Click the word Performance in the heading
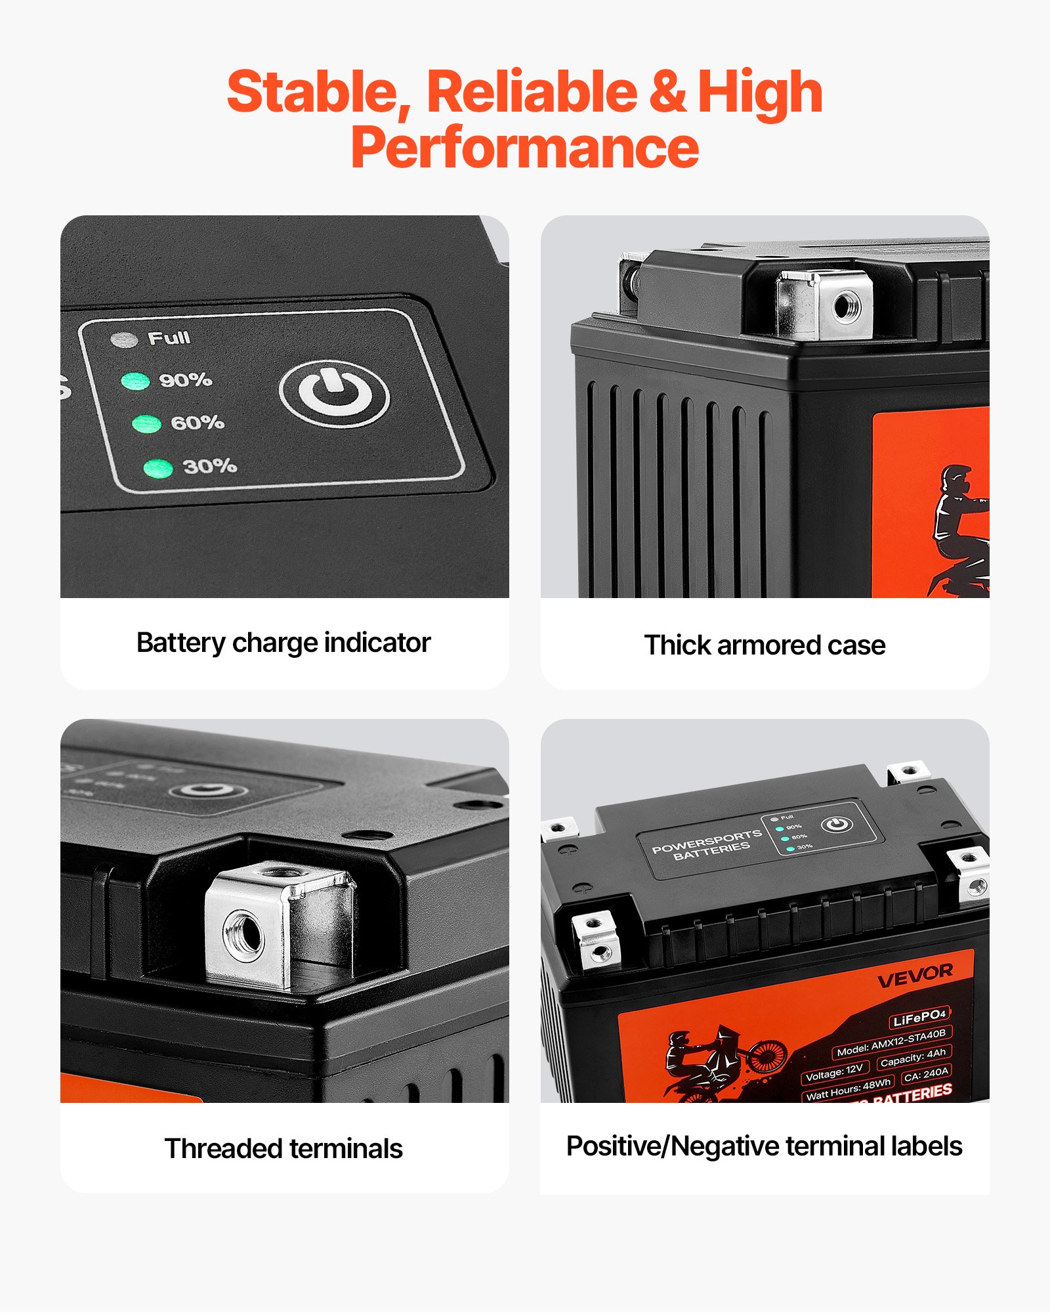(525, 148)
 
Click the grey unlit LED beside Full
(124, 339)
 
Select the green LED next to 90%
(135, 381)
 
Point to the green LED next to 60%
(146, 423)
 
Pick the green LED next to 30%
(158, 468)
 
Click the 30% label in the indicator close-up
(209, 466)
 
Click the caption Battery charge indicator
(283, 643)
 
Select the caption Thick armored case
(765, 645)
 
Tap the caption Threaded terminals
(283, 1149)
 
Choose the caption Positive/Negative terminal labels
(764, 1146)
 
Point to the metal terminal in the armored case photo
(825, 305)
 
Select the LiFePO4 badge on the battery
(919, 1018)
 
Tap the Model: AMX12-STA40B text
(891, 1043)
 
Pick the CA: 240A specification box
(925, 1075)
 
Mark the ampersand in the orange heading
(668, 93)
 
